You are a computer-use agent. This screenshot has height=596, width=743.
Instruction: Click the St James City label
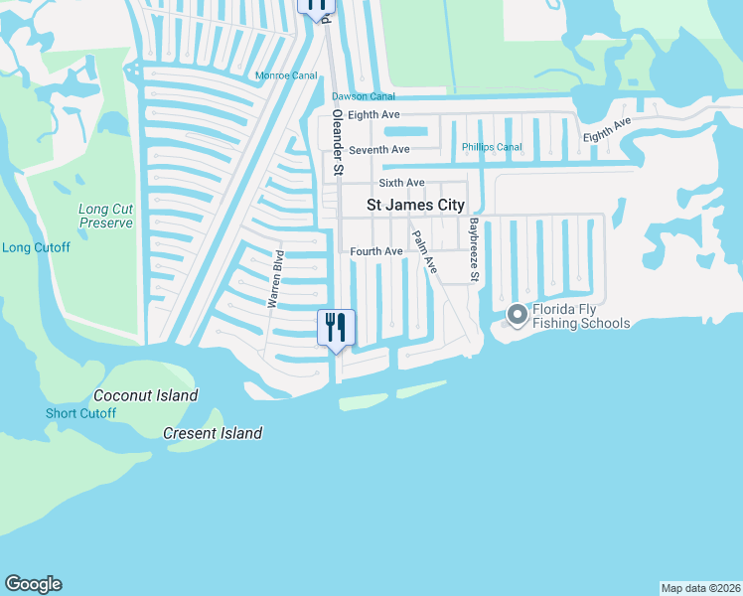pyautogui.click(x=415, y=205)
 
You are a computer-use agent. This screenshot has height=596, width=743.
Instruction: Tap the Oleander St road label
pyautogui.click(x=338, y=143)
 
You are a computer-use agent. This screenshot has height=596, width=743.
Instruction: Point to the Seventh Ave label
pyautogui.click(x=379, y=150)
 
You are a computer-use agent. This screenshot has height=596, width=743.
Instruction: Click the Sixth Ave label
pyautogui.click(x=401, y=184)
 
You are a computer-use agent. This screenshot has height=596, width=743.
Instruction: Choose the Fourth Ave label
pyautogui.click(x=376, y=252)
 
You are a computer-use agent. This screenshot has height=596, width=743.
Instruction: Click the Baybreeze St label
pyautogui.click(x=475, y=249)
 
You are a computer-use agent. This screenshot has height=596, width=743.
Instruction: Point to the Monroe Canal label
pyautogui.click(x=286, y=75)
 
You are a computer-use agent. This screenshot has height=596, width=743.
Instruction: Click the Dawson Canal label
pyautogui.click(x=363, y=96)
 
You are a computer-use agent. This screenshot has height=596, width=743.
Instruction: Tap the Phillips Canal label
pyautogui.click(x=492, y=148)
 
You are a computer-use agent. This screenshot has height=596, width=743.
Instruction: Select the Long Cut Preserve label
pyautogui.click(x=105, y=216)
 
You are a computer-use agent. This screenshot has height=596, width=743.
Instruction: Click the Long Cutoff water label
pyautogui.click(x=36, y=247)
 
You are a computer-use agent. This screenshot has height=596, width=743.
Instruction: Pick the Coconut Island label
pyautogui.click(x=146, y=395)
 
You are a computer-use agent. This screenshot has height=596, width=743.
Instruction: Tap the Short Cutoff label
pyautogui.click(x=80, y=413)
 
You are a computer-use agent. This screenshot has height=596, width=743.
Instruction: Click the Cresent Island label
pyautogui.click(x=213, y=433)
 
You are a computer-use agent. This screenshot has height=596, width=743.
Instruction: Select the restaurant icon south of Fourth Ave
pyautogui.click(x=335, y=326)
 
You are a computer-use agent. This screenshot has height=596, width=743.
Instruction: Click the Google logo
pyautogui.click(x=34, y=584)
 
